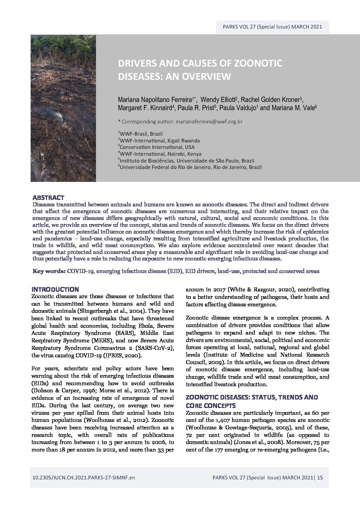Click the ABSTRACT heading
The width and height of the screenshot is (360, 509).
(x=48, y=198)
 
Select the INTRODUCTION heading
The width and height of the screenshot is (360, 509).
(x=55, y=289)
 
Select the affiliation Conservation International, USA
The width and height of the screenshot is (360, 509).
(x=156, y=147)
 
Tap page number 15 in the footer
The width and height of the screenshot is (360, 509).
(x=320, y=477)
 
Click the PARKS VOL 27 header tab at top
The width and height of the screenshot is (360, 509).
(x=272, y=27)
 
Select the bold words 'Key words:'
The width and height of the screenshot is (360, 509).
(x=49, y=271)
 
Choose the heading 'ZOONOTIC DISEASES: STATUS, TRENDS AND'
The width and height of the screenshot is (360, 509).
(x=252, y=397)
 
